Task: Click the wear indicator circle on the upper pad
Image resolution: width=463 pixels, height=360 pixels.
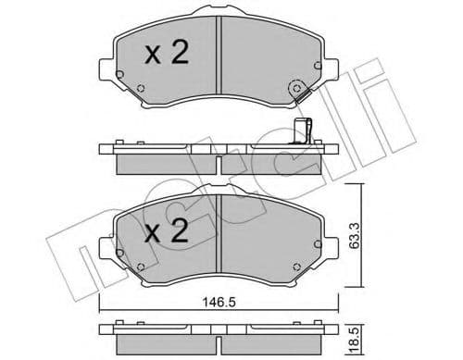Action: point(298,90)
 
